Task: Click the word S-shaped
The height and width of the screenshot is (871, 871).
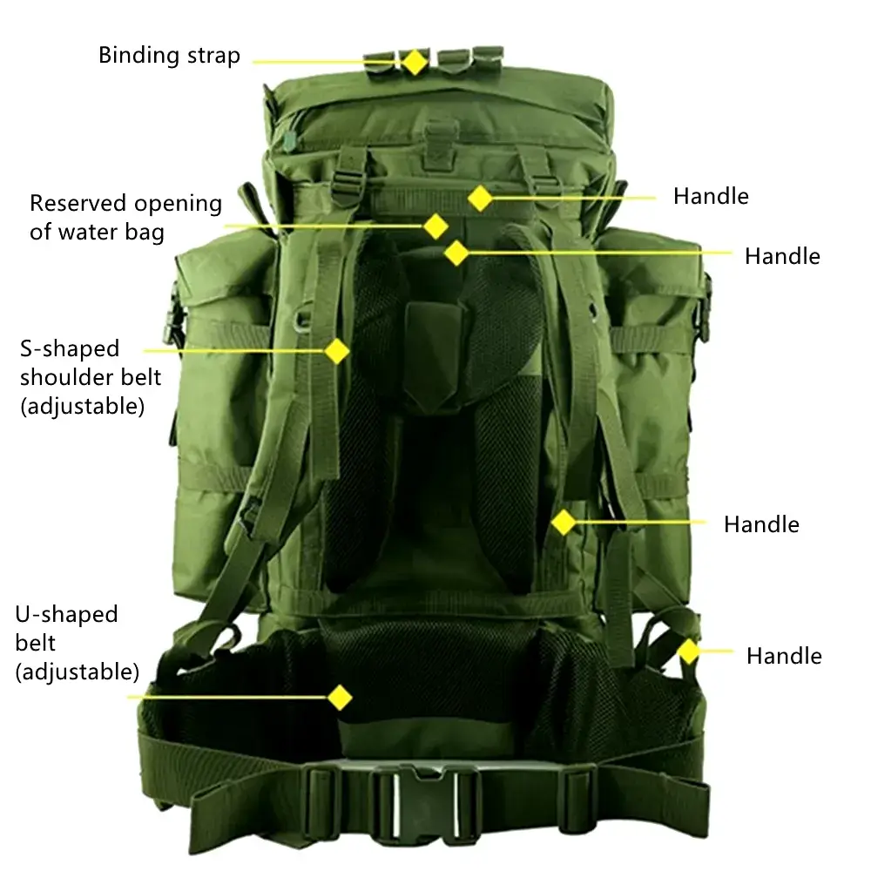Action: click(x=70, y=350)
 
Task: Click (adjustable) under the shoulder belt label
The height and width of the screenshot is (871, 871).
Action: click(x=83, y=407)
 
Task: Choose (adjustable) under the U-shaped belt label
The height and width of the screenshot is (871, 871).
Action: click(x=78, y=672)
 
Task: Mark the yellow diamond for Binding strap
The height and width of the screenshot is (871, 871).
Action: click(x=415, y=62)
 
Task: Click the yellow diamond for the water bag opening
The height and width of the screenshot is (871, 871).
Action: click(x=435, y=226)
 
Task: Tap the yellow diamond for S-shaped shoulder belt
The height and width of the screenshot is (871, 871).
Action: click(x=336, y=351)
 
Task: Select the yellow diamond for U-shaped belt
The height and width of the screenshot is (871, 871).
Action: click(x=340, y=698)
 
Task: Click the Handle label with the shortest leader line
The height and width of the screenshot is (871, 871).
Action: click(x=784, y=656)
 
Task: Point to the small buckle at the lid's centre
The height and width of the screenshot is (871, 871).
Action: click(x=440, y=145)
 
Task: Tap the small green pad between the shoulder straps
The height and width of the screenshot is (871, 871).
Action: click(x=432, y=355)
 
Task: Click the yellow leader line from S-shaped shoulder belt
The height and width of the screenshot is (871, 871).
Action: click(x=233, y=351)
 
